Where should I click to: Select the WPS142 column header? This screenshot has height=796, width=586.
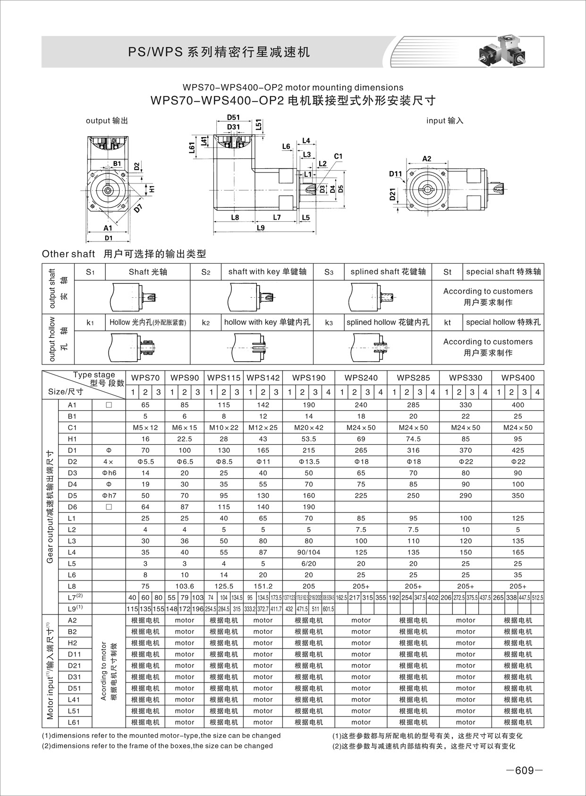(x=263, y=378)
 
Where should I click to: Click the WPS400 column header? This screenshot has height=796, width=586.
(x=518, y=378)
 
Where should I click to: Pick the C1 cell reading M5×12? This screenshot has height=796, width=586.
(x=145, y=427)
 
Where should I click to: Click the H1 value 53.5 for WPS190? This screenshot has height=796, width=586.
(x=308, y=439)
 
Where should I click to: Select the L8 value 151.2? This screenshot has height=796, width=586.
(x=263, y=586)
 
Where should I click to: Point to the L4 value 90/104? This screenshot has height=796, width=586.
(x=308, y=552)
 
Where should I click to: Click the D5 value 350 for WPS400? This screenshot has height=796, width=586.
(x=518, y=495)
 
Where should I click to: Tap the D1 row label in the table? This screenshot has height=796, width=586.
(x=72, y=450)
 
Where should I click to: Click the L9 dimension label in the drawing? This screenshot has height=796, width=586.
(x=260, y=228)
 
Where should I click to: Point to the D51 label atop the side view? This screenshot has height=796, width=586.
(x=233, y=118)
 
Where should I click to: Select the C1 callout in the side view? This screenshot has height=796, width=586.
(x=338, y=156)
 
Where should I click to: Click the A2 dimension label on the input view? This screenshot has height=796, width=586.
(x=426, y=159)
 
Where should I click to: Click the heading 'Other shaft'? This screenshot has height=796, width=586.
(x=68, y=254)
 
